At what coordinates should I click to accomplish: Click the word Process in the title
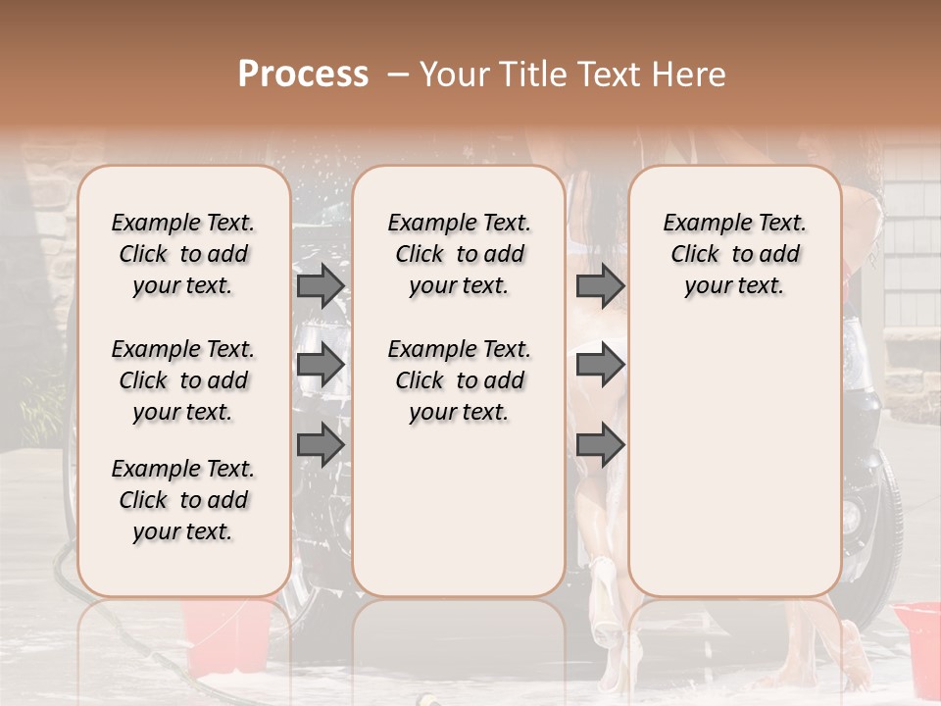[303, 75]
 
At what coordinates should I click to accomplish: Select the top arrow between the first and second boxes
[320, 285]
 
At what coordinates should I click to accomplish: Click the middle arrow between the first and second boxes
[320, 365]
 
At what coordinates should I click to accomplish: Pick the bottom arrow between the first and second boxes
[320, 444]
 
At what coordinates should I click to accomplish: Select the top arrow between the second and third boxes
[600, 285]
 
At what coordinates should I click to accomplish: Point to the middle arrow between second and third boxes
[600, 365]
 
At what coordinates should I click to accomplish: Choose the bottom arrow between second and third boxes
[600, 444]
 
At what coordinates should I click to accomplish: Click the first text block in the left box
[183, 254]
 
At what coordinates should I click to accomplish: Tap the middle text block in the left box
[183, 380]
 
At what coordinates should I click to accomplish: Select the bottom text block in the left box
[183, 500]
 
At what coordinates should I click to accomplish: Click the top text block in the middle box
[459, 254]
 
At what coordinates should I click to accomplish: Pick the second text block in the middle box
[459, 380]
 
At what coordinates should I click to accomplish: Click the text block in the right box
[734, 254]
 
